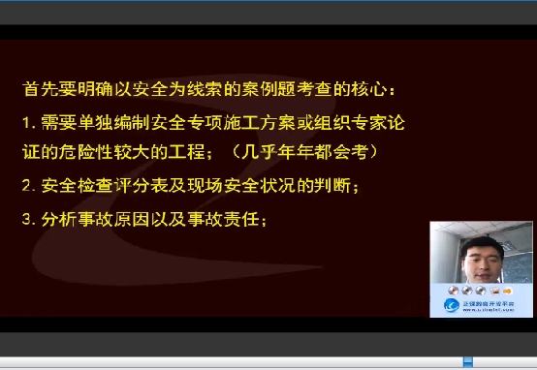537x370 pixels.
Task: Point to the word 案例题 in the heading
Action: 298,90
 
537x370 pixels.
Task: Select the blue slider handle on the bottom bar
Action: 467,362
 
